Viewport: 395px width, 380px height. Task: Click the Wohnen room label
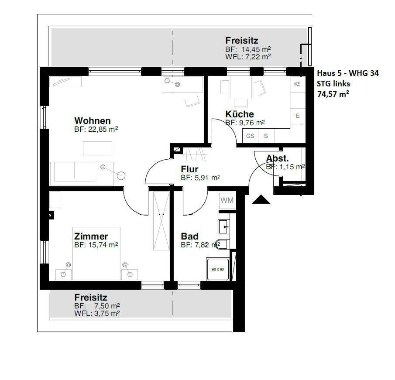pos(92,120)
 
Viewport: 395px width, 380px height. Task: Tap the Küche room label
pos(239,114)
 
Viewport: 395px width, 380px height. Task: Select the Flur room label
pos(190,169)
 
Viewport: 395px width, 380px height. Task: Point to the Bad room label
pos(189,236)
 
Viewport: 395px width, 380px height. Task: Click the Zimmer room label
pos(91,236)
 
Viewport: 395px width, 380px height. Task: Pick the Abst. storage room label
pos(277,158)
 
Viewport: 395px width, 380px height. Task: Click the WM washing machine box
pos(227,200)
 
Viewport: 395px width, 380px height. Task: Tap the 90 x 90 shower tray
pos(217,269)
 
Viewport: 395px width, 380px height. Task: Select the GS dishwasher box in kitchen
pos(250,136)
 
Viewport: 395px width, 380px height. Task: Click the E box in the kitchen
pos(298,116)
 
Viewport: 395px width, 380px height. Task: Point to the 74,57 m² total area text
pos(335,93)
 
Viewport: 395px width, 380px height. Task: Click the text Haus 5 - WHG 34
pos(347,73)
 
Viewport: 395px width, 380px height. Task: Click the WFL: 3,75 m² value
pos(97,313)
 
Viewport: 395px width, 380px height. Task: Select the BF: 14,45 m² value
pos(248,49)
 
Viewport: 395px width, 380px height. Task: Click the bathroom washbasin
pos(224,226)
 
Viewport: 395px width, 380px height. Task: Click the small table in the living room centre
pos(97,148)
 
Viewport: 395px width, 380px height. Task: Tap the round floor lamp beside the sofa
pos(120,175)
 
